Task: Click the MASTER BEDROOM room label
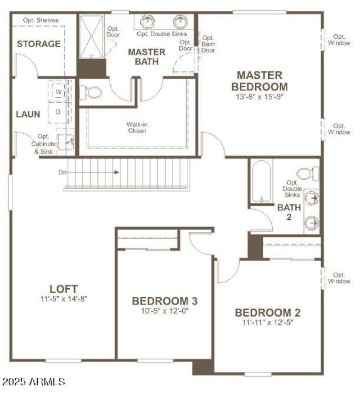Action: tap(260, 81)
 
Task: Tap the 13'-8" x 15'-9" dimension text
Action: tap(260, 96)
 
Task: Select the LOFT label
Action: tap(63, 289)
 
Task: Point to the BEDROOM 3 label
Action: tap(164, 301)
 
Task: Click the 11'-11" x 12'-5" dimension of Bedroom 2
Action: tap(267, 322)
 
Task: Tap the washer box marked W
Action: tap(59, 91)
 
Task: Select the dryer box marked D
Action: tap(59, 112)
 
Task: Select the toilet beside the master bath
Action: tap(91, 93)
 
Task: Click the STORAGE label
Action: tap(39, 44)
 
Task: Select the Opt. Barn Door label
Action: tap(208, 44)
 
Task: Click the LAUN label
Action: tap(28, 114)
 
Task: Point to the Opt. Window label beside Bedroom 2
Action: tap(339, 278)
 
